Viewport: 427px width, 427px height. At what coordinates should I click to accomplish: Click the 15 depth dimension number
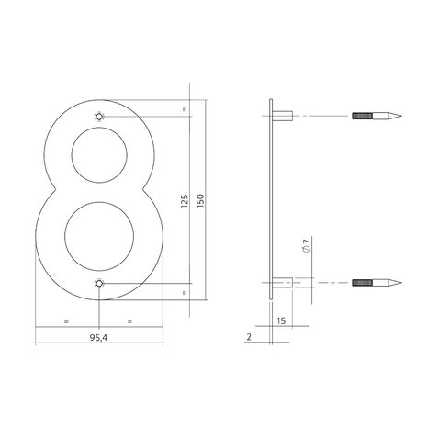[280, 320]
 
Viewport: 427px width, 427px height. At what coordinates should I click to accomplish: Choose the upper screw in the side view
[372, 117]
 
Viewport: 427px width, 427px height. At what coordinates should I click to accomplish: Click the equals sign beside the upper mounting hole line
[184, 109]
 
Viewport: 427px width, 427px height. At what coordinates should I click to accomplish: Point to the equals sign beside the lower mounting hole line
[184, 292]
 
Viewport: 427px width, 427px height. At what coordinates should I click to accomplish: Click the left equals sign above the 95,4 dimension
[67, 321]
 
